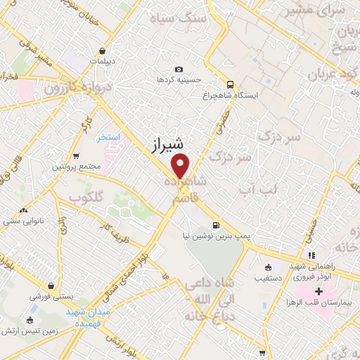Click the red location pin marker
(181, 166)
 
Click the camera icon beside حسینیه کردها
(179, 69)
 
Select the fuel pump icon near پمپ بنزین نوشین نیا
(214, 226)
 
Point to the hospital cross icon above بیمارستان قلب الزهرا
(319, 290)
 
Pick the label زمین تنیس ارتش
(29, 330)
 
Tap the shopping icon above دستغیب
(268, 267)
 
